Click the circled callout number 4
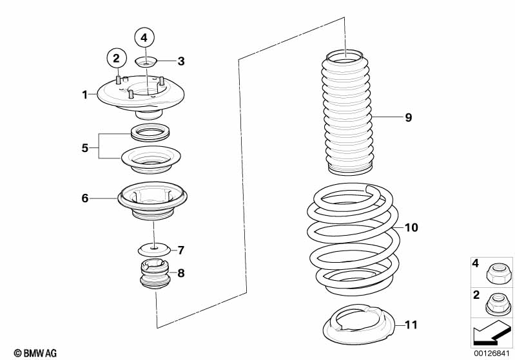tap(144, 38)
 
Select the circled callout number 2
tap(117, 59)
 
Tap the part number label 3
tap(181, 61)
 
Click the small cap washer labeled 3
tap(146, 61)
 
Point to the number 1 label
tap(84, 95)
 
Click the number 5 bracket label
tap(84, 148)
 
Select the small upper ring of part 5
tap(151, 133)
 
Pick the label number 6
tap(85, 198)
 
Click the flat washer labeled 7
tap(154, 250)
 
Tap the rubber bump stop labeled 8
tap(153, 274)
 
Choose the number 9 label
tap(408, 117)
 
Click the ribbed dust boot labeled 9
tap(347, 112)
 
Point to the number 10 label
tap(411, 227)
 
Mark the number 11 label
tap(411, 325)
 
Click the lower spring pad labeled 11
tap(358, 324)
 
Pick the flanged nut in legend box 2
tap(495, 303)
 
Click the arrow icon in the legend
tap(492, 333)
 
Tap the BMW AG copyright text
tap(35, 353)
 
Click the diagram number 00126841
tap(492, 354)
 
